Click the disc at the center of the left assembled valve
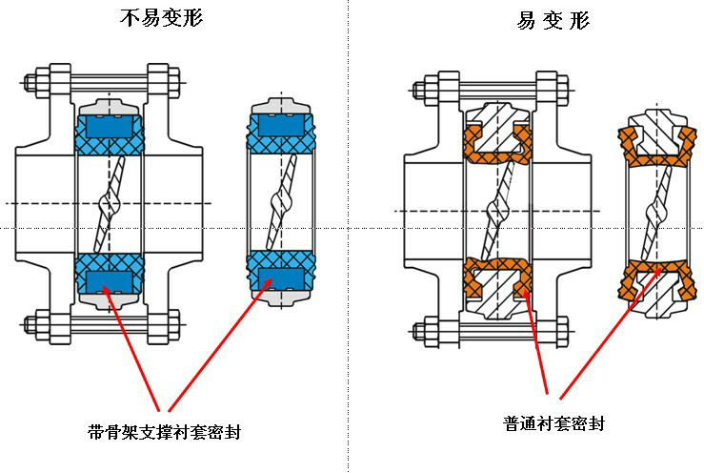coord(109,203)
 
